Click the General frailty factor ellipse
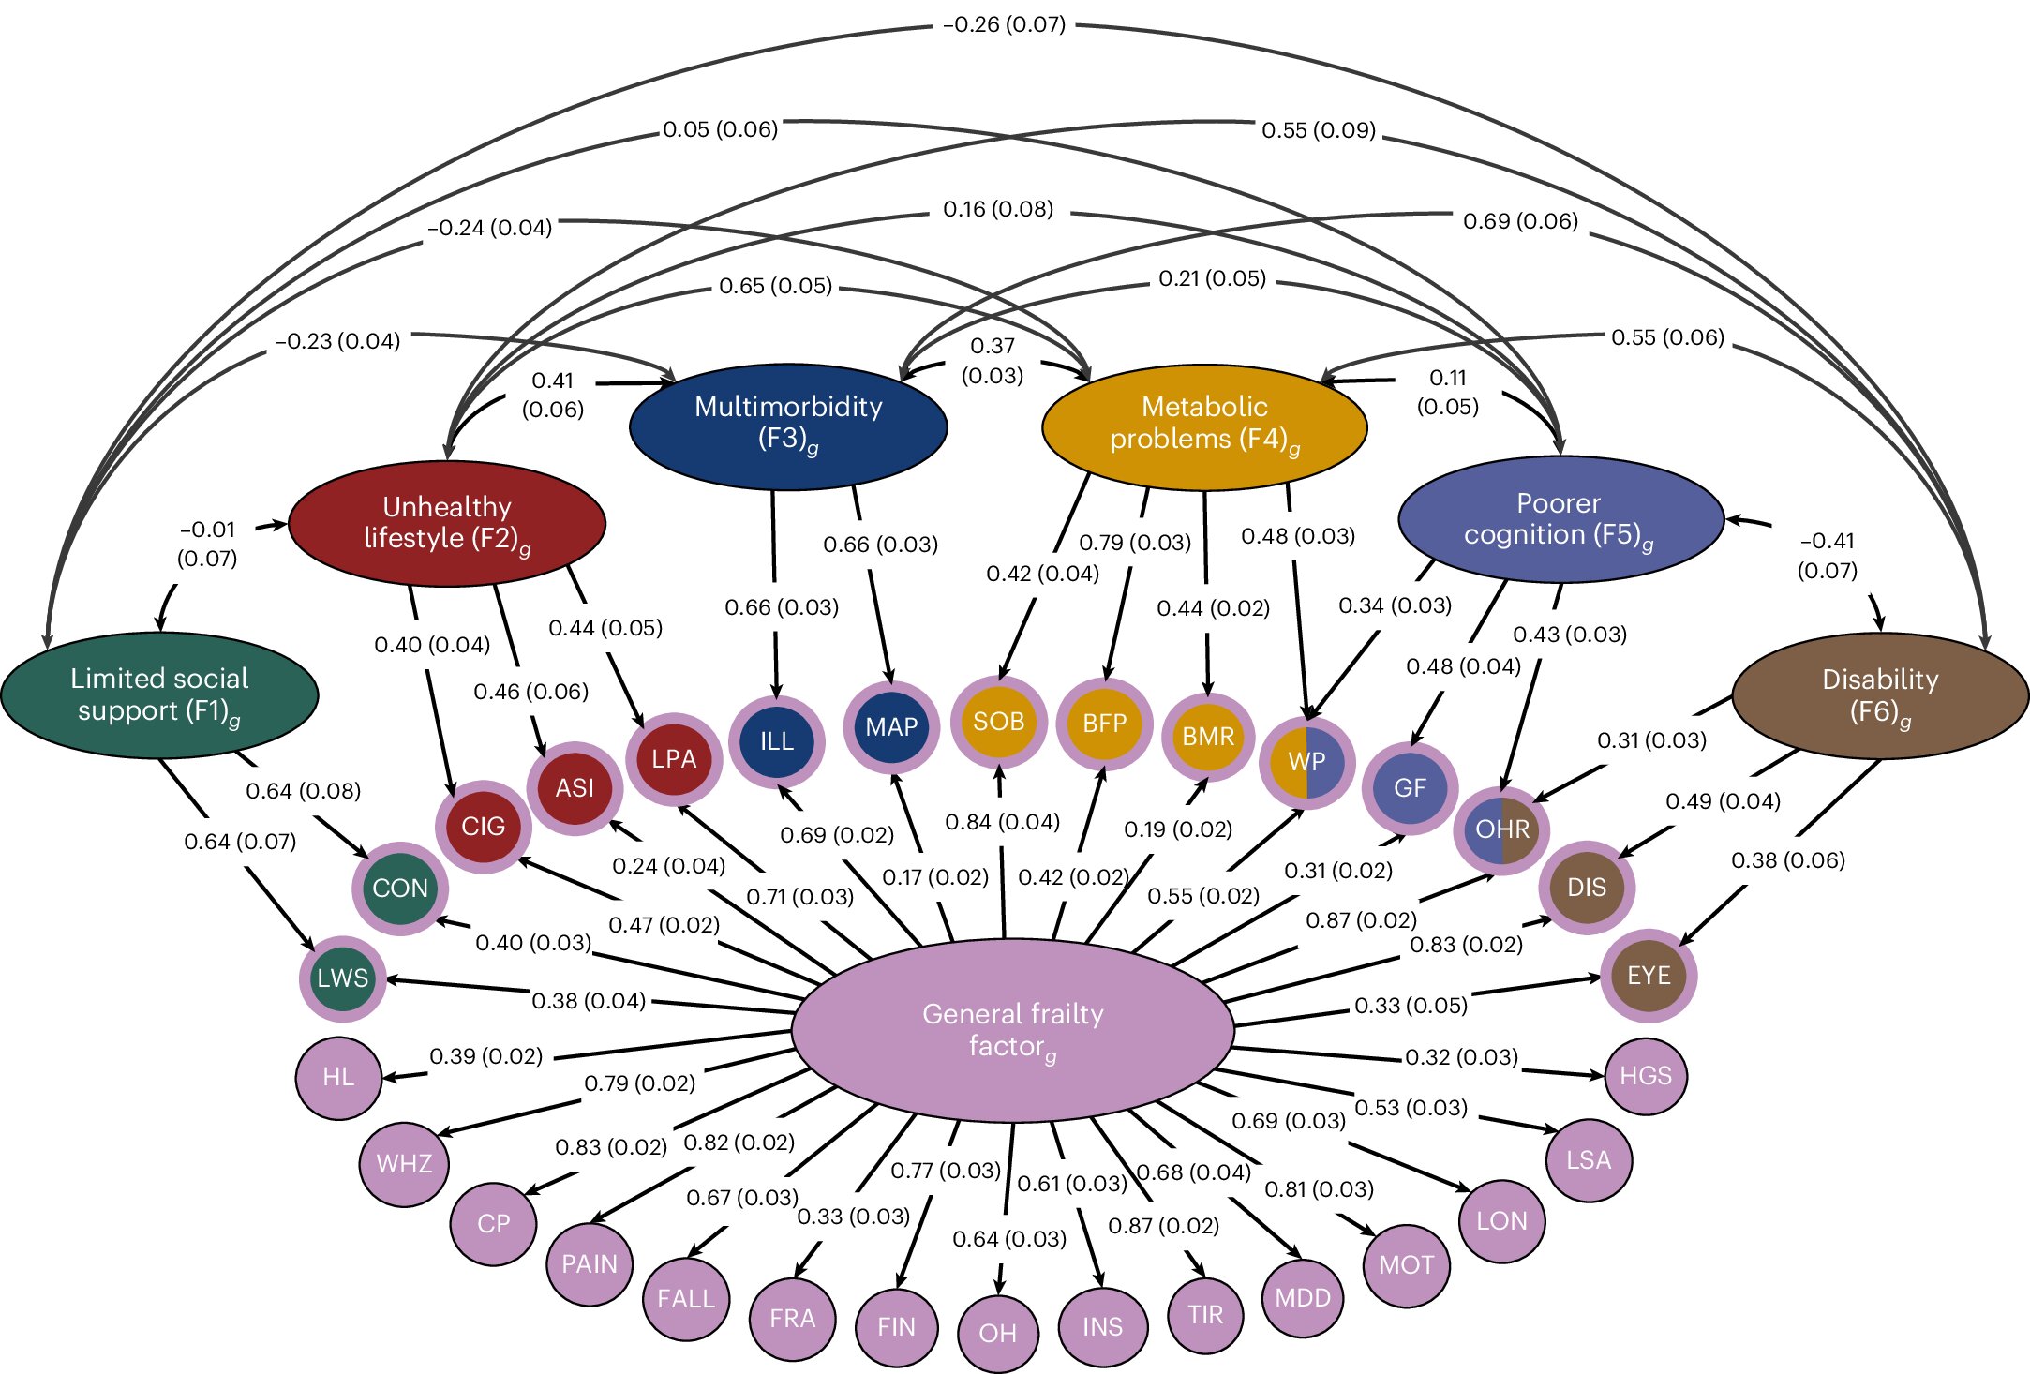[1012, 1029]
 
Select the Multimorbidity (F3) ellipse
[788, 426]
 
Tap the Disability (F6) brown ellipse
[1879, 695]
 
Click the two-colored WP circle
[1306, 761]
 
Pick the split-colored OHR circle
[1501, 829]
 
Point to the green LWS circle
[342, 978]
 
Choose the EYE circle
[1648, 975]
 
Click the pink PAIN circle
[590, 1263]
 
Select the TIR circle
[1205, 1314]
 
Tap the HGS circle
[1645, 1075]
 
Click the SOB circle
[998, 721]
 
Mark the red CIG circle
[483, 826]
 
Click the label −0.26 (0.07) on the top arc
[1004, 24]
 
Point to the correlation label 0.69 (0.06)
[1520, 221]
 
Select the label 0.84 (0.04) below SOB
[1002, 822]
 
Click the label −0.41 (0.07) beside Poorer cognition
[1827, 555]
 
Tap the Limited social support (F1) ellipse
[159, 694]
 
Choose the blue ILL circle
[776, 740]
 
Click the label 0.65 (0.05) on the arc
[775, 286]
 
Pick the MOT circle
[1406, 1264]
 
